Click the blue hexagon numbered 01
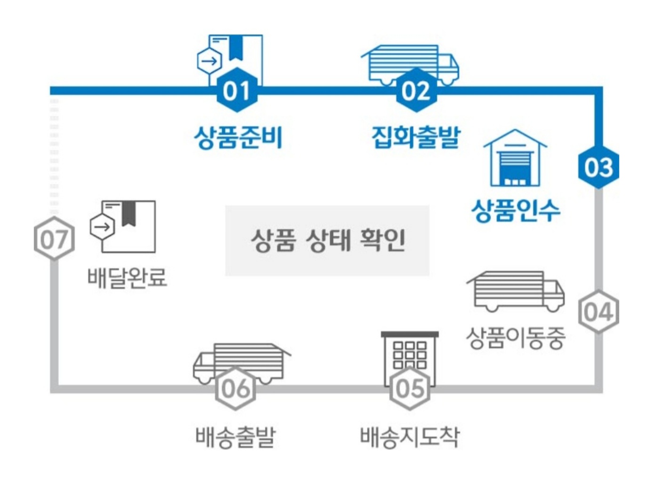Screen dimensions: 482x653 [x=237, y=90]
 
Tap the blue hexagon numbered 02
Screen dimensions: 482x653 [x=415, y=90]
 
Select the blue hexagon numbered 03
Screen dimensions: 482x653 [x=598, y=167]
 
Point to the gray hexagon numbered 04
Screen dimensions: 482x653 [x=598, y=312]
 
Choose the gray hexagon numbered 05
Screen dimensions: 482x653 [x=410, y=389]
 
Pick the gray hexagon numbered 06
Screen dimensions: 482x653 [x=235, y=389]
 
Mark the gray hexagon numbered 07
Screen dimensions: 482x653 [x=55, y=239]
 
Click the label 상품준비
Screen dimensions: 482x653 [x=238, y=137]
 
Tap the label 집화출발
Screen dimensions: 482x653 [x=415, y=137]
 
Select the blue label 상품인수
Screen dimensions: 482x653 [x=516, y=210]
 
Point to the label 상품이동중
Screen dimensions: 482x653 [x=516, y=338]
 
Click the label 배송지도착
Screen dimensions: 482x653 [x=409, y=436]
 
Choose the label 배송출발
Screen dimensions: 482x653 [x=235, y=436]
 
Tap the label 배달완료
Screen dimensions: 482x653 [x=127, y=277]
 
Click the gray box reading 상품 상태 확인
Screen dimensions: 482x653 [x=327, y=240]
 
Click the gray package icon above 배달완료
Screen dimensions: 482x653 [x=123, y=226]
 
